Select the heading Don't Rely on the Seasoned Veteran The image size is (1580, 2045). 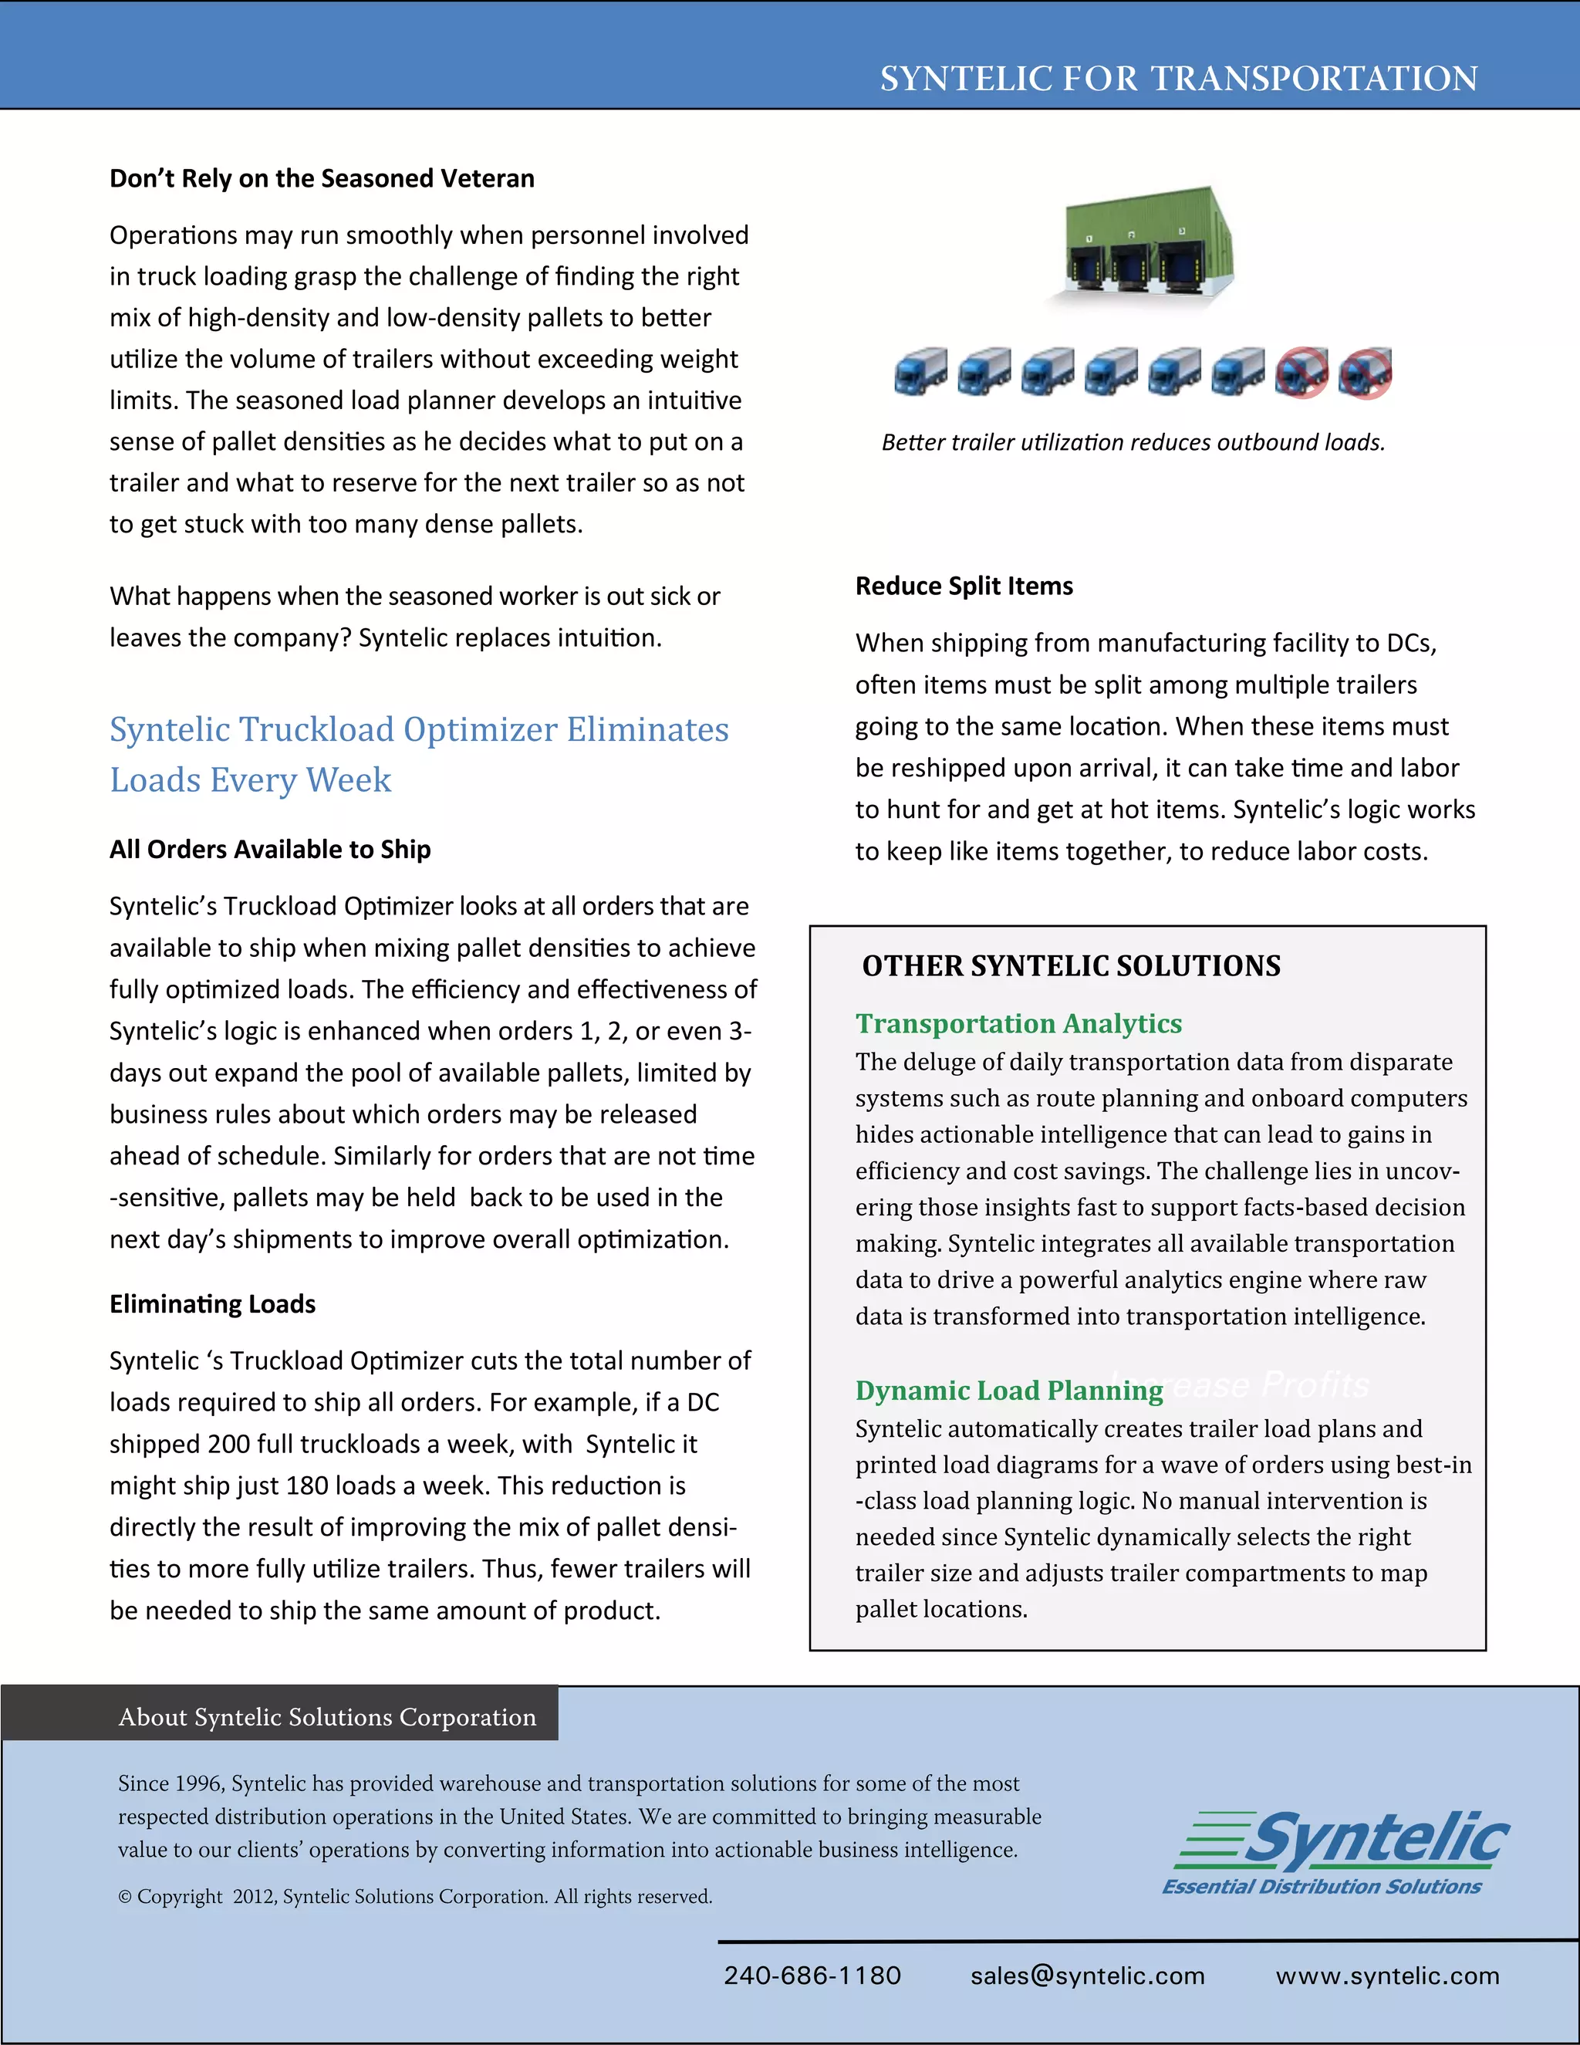coord(322,178)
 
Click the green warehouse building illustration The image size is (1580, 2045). coord(1150,245)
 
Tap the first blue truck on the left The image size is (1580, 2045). coord(920,372)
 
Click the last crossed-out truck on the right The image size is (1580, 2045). coord(1365,373)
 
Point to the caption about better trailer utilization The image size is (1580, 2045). coord(1133,442)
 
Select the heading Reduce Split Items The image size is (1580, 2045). coord(964,586)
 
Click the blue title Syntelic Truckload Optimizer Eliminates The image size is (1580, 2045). coord(418,729)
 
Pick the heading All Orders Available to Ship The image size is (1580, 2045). coord(269,850)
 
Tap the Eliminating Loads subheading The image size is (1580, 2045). coord(212,1303)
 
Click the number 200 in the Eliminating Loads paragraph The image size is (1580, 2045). coord(228,1444)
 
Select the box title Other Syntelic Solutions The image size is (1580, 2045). coord(1071,965)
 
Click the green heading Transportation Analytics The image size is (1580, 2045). coord(1018,1023)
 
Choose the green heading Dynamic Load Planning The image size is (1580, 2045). coord(1009,1391)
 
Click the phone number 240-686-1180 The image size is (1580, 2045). coord(812,1976)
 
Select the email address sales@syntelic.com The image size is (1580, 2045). coord(1087,1976)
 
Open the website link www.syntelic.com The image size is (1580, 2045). coord(1386,1976)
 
